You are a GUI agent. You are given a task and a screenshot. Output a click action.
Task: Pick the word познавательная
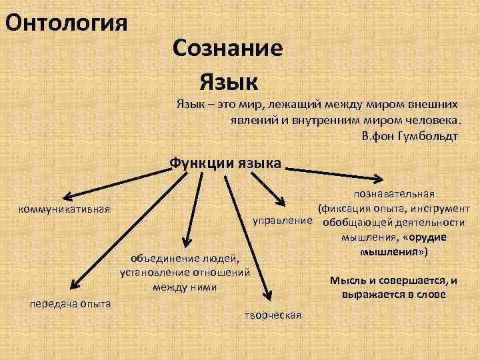pos(395,193)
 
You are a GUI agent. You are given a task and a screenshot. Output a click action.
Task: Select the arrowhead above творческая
pos(269,295)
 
